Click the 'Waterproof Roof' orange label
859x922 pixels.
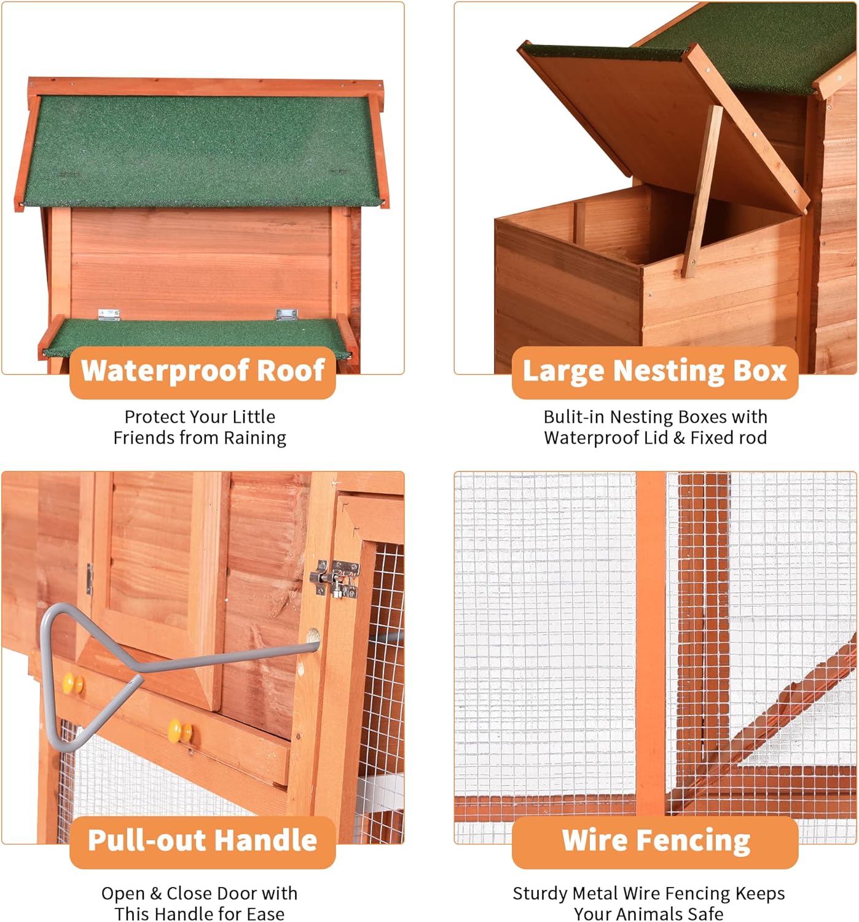tap(203, 371)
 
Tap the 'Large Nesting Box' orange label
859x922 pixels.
tap(654, 371)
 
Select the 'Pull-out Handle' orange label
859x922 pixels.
tap(203, 841)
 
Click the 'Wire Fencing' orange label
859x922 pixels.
tap(656, 841)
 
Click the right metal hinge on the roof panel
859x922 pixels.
tap(286, 314)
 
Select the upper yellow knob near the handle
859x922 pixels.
tap(74, 682)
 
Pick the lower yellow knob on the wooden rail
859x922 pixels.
tap(180, 731)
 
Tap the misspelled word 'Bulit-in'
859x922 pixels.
tap(574, 417)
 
